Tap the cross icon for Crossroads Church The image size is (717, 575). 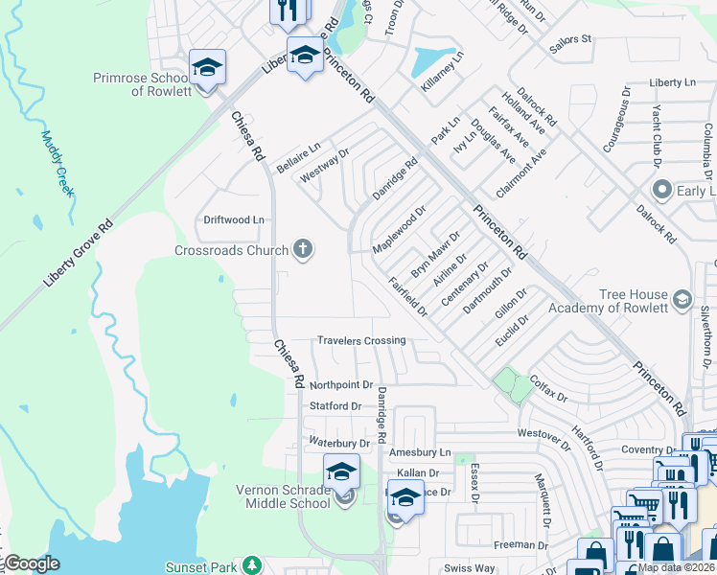click(x=303, y=250)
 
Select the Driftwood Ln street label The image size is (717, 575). click(x=233, y=219)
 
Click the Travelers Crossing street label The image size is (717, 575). click(x=361, y=340)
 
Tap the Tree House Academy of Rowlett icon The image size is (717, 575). click(x=682, y=300)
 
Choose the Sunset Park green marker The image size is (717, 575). click(x=252, y=566)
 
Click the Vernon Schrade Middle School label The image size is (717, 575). click(x=283, y=496)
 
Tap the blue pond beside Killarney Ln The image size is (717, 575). click(x=432, y=60)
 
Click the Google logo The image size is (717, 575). click(x=31, y=563)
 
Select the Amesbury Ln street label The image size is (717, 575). click(x=418, y=451)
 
